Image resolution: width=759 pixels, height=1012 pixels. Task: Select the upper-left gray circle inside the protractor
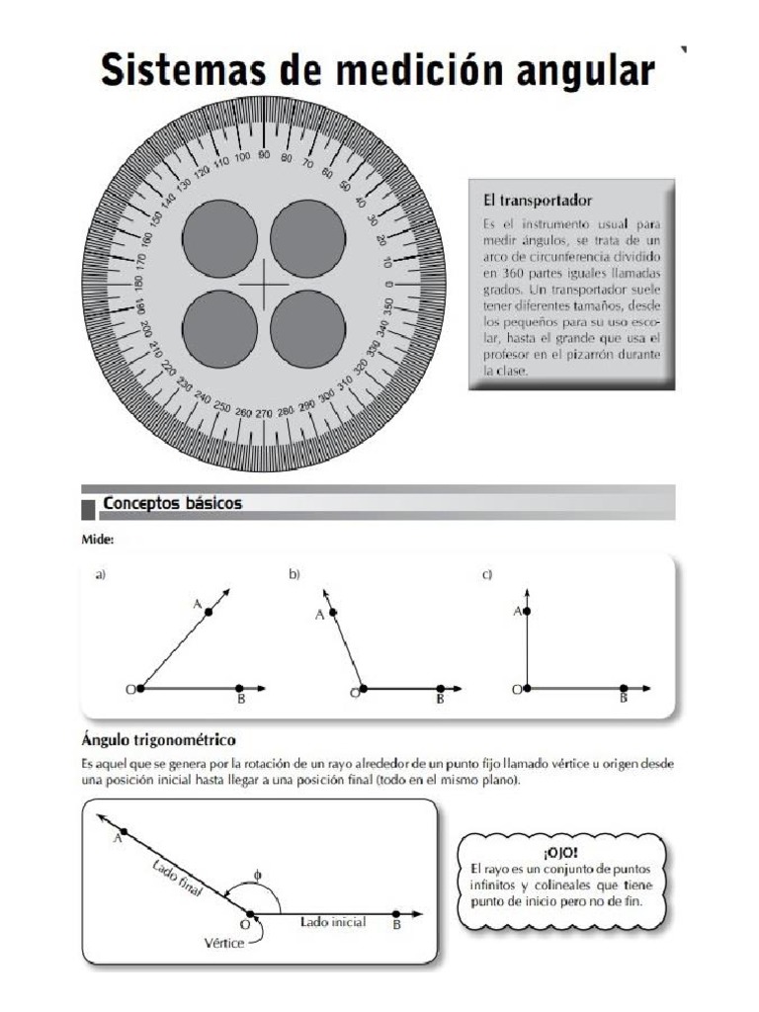click(219, 240)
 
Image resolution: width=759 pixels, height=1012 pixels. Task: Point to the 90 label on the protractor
click(264, 155)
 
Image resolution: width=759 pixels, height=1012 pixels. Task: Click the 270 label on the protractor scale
click(263, 413)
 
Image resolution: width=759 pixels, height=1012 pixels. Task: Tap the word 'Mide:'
click(97, 540)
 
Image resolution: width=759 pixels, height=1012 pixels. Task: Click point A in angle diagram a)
click(209, 613)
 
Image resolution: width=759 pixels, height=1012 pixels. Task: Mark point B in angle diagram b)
click(440, 688)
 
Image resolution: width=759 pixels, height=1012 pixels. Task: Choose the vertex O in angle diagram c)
click(527, 688)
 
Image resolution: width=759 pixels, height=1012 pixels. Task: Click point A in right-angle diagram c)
click(527, 613)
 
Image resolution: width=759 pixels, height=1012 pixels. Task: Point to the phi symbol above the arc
click(257, 875)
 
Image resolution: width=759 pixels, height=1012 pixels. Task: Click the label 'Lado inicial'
click(333, 922)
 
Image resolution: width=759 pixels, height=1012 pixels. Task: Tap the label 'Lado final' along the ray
click(178, 878)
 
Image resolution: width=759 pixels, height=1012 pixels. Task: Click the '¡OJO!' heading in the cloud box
click(560, 851)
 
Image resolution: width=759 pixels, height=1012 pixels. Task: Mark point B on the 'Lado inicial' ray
click(396, 914)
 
